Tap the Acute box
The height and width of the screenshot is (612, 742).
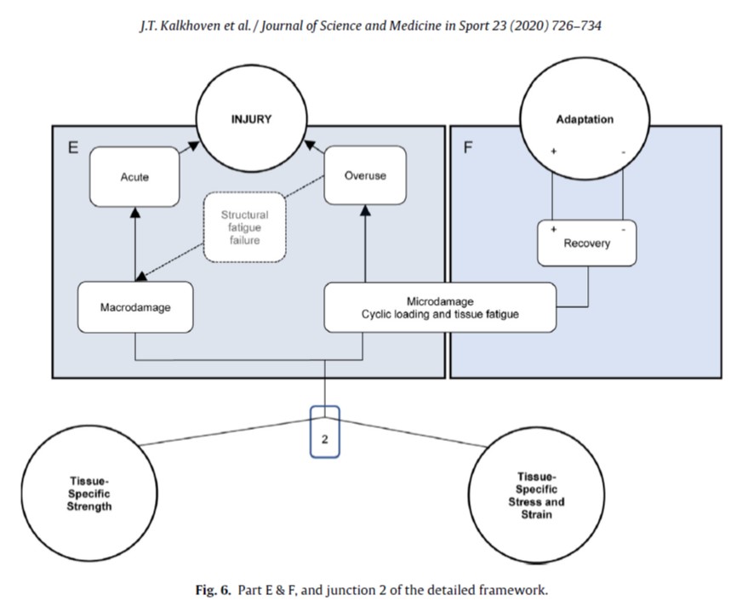click(134, 178)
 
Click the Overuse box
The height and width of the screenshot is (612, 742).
click(365, 176)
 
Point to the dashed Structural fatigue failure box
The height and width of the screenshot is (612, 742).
click(244, 227)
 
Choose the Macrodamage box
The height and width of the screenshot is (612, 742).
click(135, 307)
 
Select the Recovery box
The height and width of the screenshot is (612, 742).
click(586, 243)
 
